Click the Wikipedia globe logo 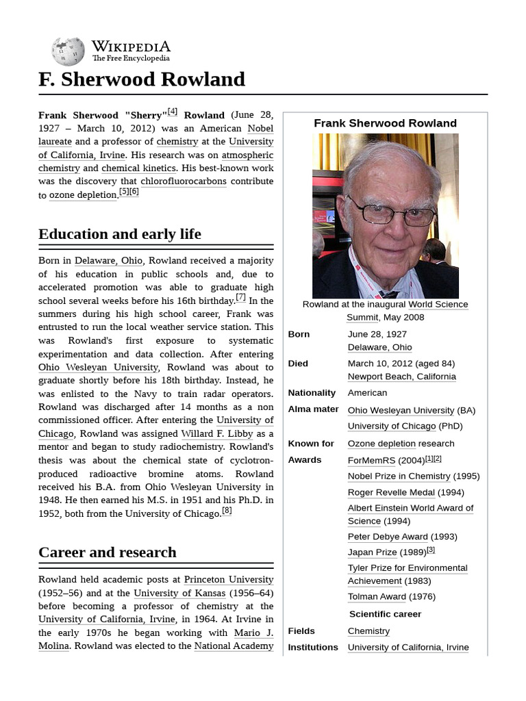click(x=68, y=51)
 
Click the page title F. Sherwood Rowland click(x=142, y=79)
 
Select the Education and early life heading click(x=120, y=234)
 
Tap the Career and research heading click(x=108, y=552)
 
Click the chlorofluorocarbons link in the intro click(x=183, y=181)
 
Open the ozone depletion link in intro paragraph click(x=77, y=195)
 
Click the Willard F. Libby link click(x=217, y=433)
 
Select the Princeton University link click(x=229, y=580)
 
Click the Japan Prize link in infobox click(x=372, y=552)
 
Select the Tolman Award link click(x=377, y=596)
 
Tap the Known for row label click(x=311, y=444)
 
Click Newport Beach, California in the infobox click(x=401, y=377)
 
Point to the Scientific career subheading click(x=385, y=614)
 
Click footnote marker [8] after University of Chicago click(x=227, y=511)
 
